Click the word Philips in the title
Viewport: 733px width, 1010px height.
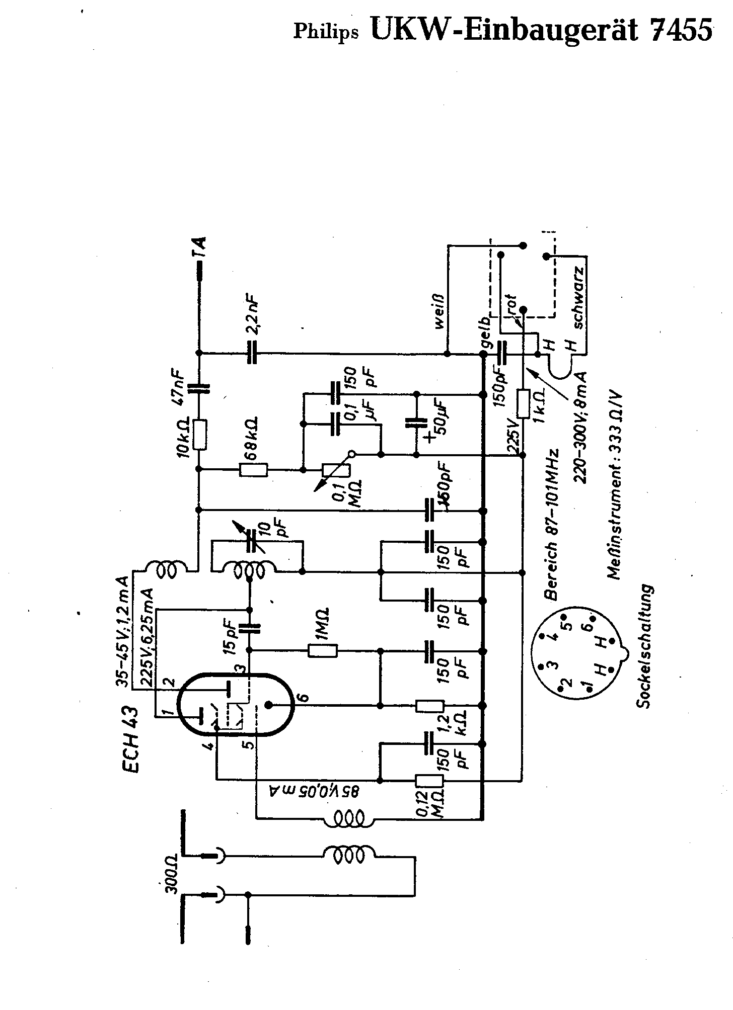326,32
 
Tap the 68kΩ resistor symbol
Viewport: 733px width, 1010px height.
254,470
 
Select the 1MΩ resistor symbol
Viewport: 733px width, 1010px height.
323,651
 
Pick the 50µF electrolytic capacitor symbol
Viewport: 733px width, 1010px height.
416,424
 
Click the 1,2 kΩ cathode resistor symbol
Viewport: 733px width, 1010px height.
429,706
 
